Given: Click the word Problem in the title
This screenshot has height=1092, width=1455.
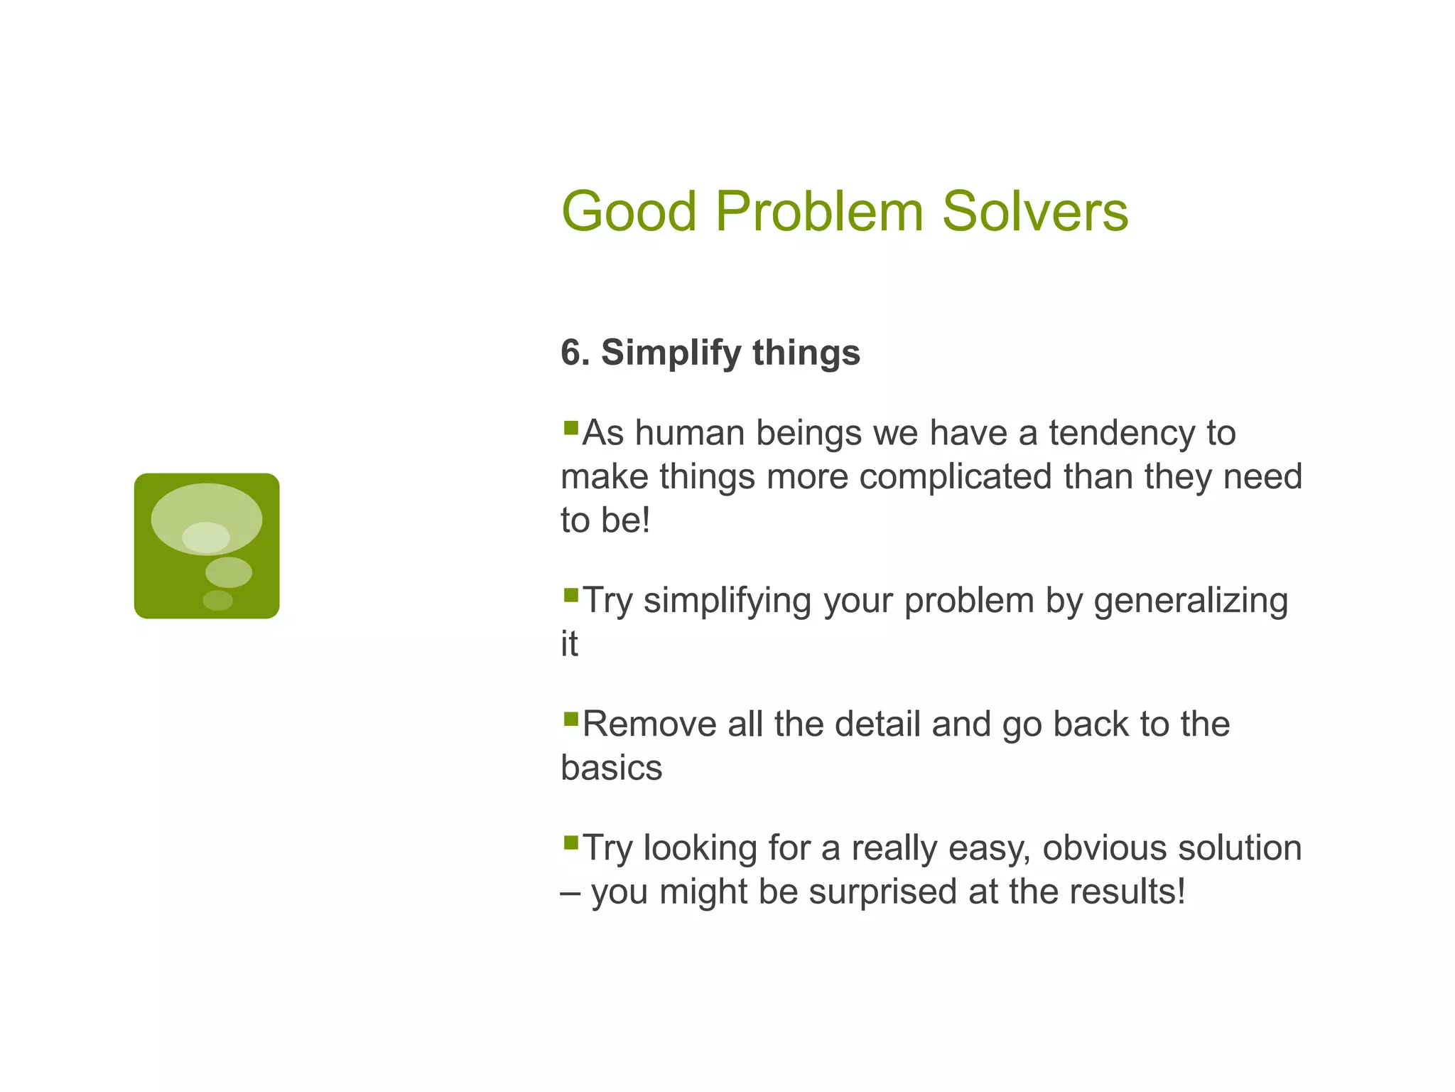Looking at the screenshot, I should [x=818, y=212].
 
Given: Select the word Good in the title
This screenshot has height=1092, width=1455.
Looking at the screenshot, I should [x=629, y=212].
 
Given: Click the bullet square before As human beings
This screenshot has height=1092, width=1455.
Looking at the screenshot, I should [x=570, y=428].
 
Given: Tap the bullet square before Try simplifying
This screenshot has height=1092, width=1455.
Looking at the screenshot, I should [x=570, y=595].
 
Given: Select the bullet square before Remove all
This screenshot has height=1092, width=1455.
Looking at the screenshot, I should [x=570, y=719].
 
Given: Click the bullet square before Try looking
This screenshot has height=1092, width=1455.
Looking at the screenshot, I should [x=570, y=843].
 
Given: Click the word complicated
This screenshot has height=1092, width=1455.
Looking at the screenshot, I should [x=956, y=477].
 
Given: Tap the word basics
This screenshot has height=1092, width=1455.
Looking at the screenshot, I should [x=611, y=769].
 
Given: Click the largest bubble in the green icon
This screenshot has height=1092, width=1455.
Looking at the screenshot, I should [x=207, y=509].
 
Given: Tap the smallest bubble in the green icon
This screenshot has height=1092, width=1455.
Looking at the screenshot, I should [x=217, y=601].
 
